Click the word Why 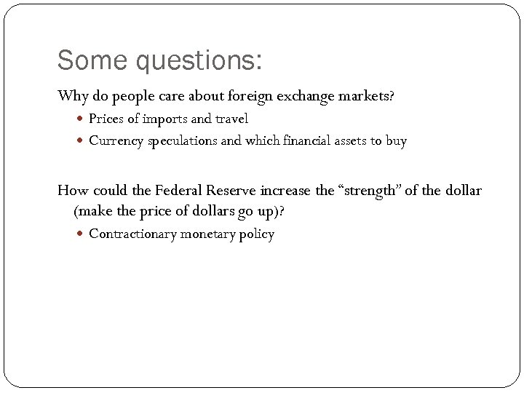pos(72,95)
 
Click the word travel pos(231,119)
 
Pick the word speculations pos(182,141)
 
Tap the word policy pos(257,234)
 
